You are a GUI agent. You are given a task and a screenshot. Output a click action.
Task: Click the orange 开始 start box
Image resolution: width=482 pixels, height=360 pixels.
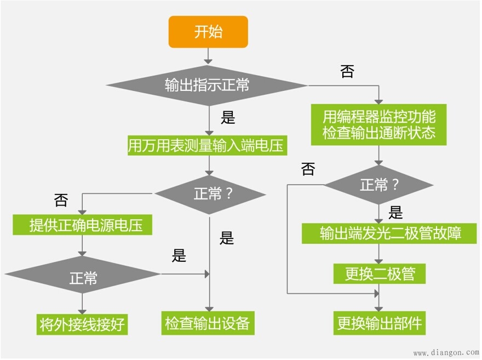click(208, 32)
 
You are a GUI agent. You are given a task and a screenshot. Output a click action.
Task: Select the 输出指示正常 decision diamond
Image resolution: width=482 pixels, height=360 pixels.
click(207, 85)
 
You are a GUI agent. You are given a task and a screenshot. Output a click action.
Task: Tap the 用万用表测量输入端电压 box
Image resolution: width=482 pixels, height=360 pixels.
click(208, 146)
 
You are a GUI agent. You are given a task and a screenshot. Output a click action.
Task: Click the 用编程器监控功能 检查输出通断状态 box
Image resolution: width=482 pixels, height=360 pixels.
click(378, 124)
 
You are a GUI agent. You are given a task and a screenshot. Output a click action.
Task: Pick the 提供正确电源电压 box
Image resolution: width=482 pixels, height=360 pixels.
click(82, 225)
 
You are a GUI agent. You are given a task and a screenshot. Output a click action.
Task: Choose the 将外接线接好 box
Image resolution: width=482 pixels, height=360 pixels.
click(82, 324)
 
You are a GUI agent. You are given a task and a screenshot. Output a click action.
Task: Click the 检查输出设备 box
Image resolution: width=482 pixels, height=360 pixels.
click(208, 323)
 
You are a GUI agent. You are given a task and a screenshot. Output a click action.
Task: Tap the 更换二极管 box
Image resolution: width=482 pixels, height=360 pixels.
click(379, 273)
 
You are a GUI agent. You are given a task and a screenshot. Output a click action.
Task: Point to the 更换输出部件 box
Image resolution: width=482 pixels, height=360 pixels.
click(379, 323)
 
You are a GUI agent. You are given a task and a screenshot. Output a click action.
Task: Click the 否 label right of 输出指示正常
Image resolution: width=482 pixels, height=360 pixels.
click(347, 72)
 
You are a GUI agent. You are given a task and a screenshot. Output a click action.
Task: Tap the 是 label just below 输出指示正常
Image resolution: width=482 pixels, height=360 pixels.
click(227, 117)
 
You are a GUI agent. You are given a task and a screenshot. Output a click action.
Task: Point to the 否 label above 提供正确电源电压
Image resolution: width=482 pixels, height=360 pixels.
click(61, 200)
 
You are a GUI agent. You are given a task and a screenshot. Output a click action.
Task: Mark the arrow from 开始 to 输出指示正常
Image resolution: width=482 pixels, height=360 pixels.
click(208, 55)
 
